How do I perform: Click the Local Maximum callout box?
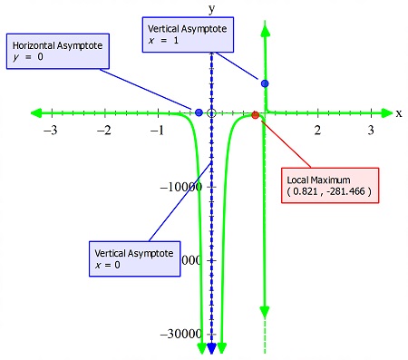tap(327, 186)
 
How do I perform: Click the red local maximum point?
tap(255, 115)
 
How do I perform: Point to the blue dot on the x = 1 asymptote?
tap(265, 83)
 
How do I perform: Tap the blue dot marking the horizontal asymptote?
tap(199, 112)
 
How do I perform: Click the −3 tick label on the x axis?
tap(51, 131)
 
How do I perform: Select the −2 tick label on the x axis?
tap(104, 131)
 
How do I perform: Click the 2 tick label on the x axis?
tap(317, 131)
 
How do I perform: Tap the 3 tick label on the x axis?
tap(371, 131)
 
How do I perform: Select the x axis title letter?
tap(399, 113)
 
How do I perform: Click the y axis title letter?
tap(211, 9)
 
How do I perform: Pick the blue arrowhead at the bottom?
tap(211, 349)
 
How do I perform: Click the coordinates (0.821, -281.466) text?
tap(328, 192)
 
